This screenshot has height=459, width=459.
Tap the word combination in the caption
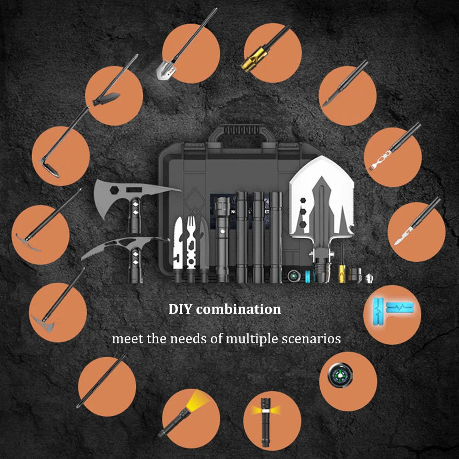pos(238,309)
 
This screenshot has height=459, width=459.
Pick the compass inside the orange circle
pos(340,375)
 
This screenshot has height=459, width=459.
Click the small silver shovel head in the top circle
pos(166,70)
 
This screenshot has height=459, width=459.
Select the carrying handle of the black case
pos(242,133)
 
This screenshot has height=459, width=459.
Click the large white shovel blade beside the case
pos(321,199)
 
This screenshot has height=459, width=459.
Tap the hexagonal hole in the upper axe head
pos(114,190)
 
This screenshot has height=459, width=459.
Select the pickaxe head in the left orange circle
pos(28,242)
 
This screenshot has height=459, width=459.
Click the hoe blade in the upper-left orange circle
pos(50,168)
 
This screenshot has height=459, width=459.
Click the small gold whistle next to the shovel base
pos(341,274)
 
